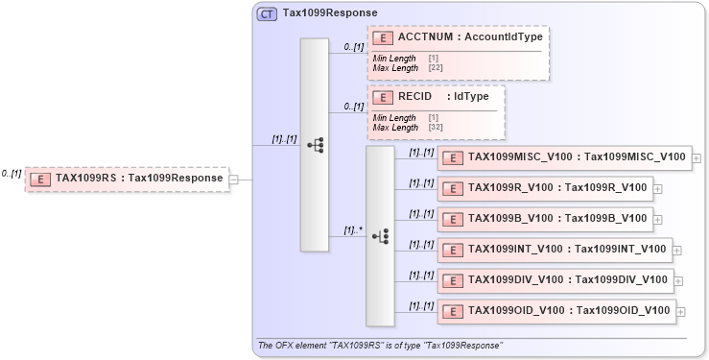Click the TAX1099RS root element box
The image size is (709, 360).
point(127,178)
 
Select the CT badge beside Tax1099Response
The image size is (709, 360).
point(268,14)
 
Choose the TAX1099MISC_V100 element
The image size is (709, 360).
point(563,157)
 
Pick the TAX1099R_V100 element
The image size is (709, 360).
point(544,188)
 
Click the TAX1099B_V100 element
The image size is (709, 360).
point(544,218)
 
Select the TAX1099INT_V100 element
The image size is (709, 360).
point(554,250)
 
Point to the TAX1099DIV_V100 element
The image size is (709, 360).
point(555,279)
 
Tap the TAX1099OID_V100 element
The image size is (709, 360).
point(555,310)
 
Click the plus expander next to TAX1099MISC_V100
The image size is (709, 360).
point(697,158)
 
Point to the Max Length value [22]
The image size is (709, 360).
point(435,68)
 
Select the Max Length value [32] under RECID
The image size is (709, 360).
point(435,128)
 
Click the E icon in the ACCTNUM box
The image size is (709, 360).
point(384,37)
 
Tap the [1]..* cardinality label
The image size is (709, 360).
point(353,230)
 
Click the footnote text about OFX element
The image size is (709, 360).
point(379,345)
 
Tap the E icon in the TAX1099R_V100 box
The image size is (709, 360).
point(452,188)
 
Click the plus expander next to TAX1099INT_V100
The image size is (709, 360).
point(677,251)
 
